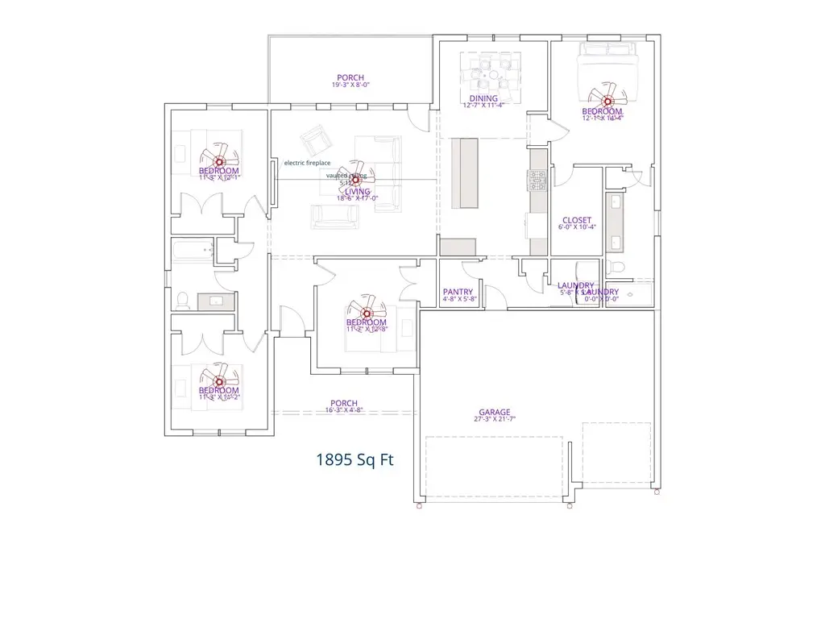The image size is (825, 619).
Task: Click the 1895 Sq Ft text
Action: click(354, 460)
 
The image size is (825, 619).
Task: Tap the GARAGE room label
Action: click(495, 412)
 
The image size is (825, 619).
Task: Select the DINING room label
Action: click(483, 99)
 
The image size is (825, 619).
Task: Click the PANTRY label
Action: click(458, 293)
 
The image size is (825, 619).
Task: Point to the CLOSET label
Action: click(577, 220)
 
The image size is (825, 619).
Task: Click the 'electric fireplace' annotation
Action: click(307, 163)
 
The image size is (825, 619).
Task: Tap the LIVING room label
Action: click(358, 192)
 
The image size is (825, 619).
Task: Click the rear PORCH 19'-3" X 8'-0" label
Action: click(350, 78)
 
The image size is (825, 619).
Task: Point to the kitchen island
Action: click(466, 172)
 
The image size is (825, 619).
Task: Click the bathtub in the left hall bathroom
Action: click(193, 251)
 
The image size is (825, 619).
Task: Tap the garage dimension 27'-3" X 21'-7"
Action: click(495, 420)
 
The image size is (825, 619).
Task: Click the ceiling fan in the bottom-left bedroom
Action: click(218, 379)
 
